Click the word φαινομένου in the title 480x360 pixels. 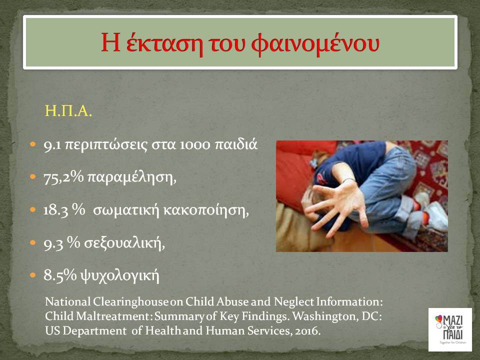click(315, 44)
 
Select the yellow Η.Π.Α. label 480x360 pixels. click(68, 111)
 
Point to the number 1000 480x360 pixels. click(194, 145)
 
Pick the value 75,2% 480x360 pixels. click(63, 177)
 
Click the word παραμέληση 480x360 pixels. click(132, 177)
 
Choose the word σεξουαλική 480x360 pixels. click(124, 243)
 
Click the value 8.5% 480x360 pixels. click(60, 275)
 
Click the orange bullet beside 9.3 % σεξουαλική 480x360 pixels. click(33, 243)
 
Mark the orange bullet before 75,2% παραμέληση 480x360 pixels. click(33, 176)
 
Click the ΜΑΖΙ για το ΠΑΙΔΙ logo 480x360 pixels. click(450, 329)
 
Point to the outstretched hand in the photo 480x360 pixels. click(336, 205)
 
